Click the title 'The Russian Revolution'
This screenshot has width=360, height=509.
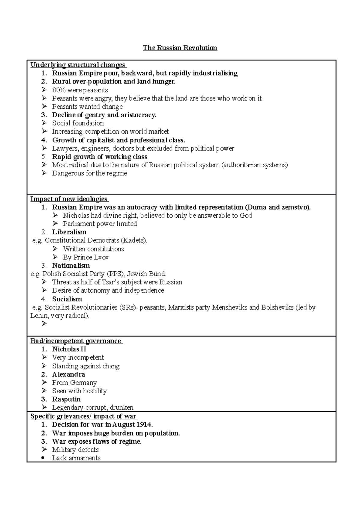pyautogui.click(x=180, y=48)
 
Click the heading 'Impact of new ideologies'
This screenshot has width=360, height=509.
pyautogui.click(x=69, y=199)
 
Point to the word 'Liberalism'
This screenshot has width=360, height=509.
pyautogui.click(x=69, y=232)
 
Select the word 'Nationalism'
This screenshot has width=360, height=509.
pyautogui.click(x=71, y=266)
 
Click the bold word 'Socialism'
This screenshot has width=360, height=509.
pyautogui.click(x=67, y=299)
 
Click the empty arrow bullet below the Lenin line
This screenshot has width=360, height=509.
pyautogui.click(x=44, y=324)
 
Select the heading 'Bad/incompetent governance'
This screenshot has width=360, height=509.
pyautogui.click(x=76, y=341)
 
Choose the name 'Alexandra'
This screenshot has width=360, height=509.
pyautogui.click(x=68, y=374)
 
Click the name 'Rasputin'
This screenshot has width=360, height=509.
pyautogui.click(x=66, y=399)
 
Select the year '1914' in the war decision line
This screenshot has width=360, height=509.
pyautogui.click(x=144, y=424)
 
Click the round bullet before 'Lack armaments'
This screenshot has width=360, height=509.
pyautogui.click(x=44, y=458)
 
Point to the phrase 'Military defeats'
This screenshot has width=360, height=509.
pyautogui.click(x=75, y=450)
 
